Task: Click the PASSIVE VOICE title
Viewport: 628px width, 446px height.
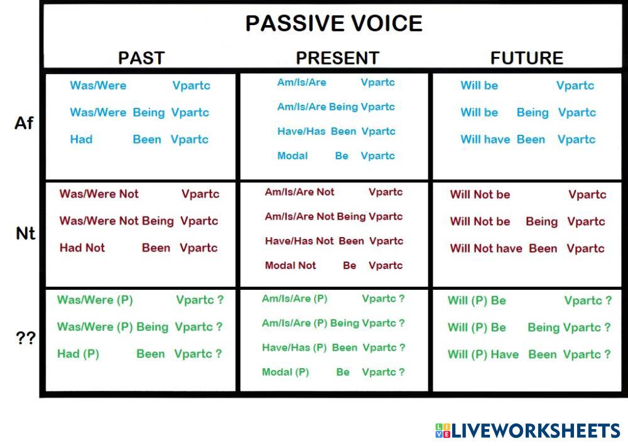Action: [x=333, y=23]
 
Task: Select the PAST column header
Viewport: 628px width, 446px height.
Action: [x=141, y=58]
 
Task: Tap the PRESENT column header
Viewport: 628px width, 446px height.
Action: [x=337, y=58]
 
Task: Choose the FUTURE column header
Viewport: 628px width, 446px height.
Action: [x=527, y=58]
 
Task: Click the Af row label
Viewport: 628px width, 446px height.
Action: [x=24, y=123]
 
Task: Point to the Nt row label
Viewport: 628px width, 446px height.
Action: [x=25, y=233]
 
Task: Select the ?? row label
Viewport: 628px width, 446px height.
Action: [x=26, y=338]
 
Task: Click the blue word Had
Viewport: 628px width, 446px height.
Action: [x=81, y=139]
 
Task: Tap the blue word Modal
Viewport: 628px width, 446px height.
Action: [x=293, y=156]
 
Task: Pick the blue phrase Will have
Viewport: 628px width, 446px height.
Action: [x=485, y=139]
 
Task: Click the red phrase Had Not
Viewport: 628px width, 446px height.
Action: [x=82, y=248]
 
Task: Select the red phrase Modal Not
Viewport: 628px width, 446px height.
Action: [x=290, y=265]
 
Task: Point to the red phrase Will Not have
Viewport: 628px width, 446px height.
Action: [x=486, y=248]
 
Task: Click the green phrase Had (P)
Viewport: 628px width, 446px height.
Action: [x=78, y=354]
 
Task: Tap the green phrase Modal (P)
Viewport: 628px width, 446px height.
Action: [x=286, y=372]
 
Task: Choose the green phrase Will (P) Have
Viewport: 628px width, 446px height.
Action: [x=483, y=354]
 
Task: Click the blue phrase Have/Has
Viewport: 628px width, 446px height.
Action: [x=301, y=131]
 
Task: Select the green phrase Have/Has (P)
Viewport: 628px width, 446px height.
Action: [x=295, y=348]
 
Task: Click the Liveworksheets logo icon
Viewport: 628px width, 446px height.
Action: [x=443, y=431]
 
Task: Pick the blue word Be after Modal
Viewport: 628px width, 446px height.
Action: [x=342, y=156]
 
